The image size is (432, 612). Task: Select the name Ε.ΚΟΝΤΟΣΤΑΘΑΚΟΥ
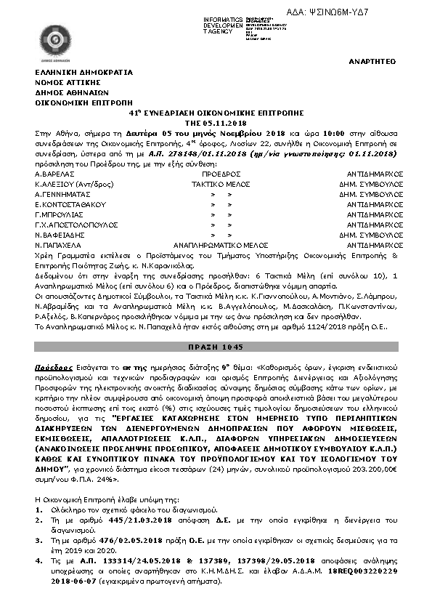click(68, 206)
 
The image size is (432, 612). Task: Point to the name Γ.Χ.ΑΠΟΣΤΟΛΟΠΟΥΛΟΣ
click(76, 226)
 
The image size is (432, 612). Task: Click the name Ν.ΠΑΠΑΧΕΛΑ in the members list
click(57, 246)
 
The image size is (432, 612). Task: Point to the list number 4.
click(38, 561)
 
